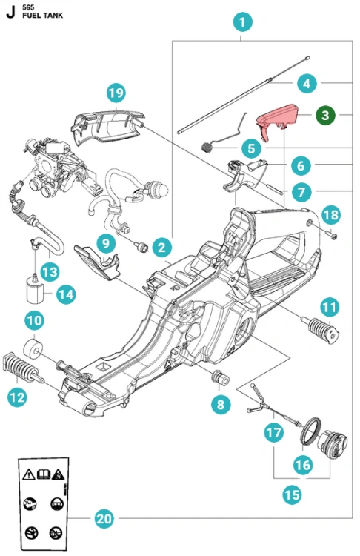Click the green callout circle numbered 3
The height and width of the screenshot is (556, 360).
pyautogui.click(x=325, y=115)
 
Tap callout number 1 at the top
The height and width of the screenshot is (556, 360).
pyautogui.click(x=243, y=22)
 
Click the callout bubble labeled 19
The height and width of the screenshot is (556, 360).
pyautogui.click(x=116, y=93)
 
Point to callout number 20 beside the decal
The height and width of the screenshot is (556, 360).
pyautogui.click(x=104, y=518)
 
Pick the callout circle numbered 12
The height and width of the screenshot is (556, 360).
pyautogui.click(x=17, y=397)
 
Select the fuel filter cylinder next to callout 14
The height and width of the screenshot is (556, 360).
pyautogui.click(x=35, y=292)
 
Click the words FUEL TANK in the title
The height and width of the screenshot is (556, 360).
pyautogui.click(x=42, y=16)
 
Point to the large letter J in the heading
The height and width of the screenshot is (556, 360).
pyautogui.click(x=10, y=11)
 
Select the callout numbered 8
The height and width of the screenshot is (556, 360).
pyautogui.click(x=221, y=404)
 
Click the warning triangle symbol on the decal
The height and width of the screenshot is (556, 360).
pyautogui.click(x=29, y=474)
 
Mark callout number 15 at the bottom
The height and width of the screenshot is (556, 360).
pyautogui.click(x=293, y=494)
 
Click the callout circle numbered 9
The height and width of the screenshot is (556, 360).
pyautogui.click(x=106, y=243)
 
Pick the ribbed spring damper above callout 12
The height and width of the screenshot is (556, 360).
pyautogui.click(x=22, y=368)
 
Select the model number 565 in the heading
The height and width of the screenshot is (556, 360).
pyautogui.click(x=28, y=7)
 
